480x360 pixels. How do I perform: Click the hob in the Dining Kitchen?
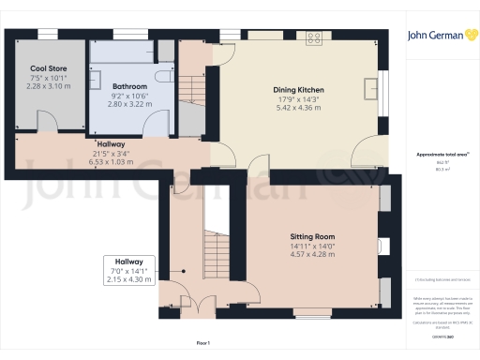point(313,39)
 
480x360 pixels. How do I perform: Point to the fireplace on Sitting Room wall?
point(384,246)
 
